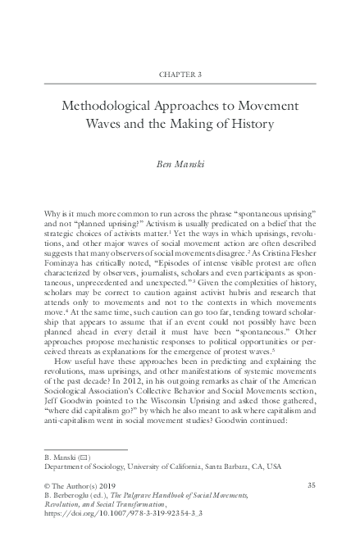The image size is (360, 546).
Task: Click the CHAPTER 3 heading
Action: tap(180, 73)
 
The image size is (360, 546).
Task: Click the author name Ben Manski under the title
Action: tap(180, 164)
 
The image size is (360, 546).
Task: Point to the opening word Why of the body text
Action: tap(52, 212)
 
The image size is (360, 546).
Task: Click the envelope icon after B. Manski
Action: tap(82, 456)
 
